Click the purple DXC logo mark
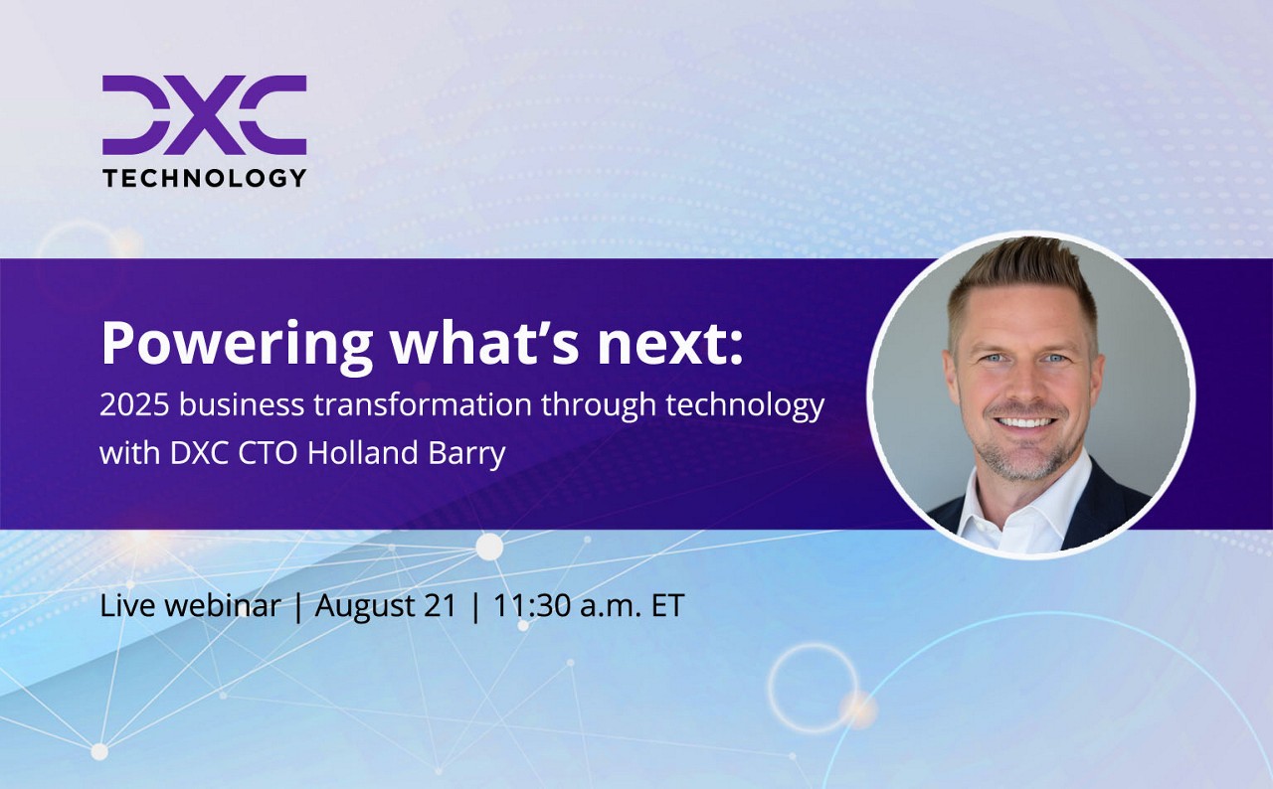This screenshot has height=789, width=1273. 204,115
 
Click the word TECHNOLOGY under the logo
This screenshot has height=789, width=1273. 204,178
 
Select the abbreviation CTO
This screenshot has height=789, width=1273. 265,453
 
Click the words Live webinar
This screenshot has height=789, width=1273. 190,606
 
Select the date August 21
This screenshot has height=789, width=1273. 386,606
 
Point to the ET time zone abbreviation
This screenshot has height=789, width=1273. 667,606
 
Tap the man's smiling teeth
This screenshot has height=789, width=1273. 1023,420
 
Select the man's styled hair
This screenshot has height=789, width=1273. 1020,273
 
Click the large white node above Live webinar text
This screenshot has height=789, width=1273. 489,547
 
